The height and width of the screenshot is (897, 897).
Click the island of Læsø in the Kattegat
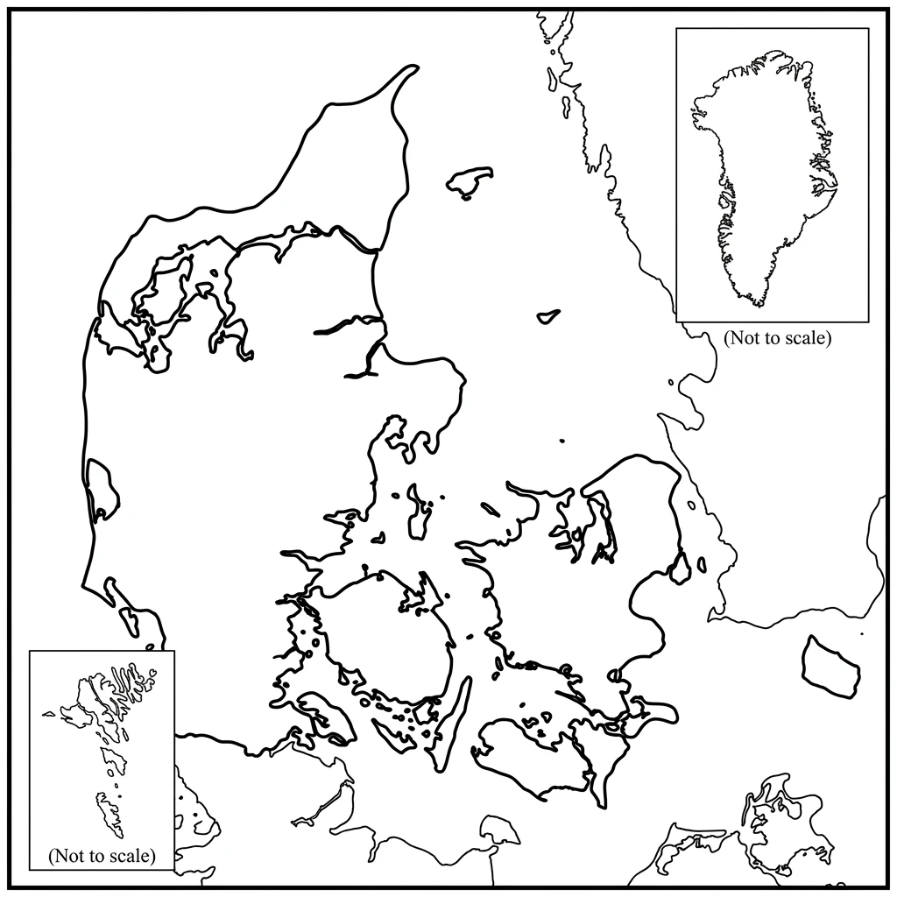[470, 181]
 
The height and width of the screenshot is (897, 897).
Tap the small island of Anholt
[548, 316]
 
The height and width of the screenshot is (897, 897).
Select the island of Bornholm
[829, 667]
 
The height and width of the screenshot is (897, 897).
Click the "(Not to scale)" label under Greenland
[776, 337]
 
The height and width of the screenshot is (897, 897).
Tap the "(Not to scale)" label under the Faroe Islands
[102, 854]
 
